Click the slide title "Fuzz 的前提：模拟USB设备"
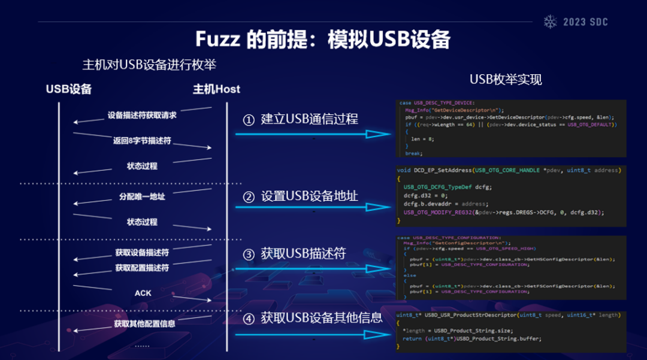[x=323, y=39]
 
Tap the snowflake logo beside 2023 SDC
[x=550, y=22]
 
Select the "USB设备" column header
[x=69, y=89]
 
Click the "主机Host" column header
[x=216, y=89]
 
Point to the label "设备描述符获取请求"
[x=142, y=115]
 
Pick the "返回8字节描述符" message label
[x=142, y=141]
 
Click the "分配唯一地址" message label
[x=142, y=196]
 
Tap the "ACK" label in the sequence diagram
[x=143, y=293]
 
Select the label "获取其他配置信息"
[x=144, y=324]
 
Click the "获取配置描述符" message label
[x=142, y=268]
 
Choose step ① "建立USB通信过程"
[x=300, y=119]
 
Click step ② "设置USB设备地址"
[x=300, y=196]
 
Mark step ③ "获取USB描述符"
[x=294, y=253]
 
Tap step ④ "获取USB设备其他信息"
[x=312, y=318]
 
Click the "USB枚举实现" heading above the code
[x=505, y=80]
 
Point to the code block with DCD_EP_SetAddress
[x=509, y=195]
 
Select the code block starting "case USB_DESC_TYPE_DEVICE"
[x=509, y=128]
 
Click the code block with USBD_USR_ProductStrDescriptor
[x=509, y=330]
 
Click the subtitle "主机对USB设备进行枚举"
[x=149, y=65]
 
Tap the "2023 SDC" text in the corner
[x=585, y=22]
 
